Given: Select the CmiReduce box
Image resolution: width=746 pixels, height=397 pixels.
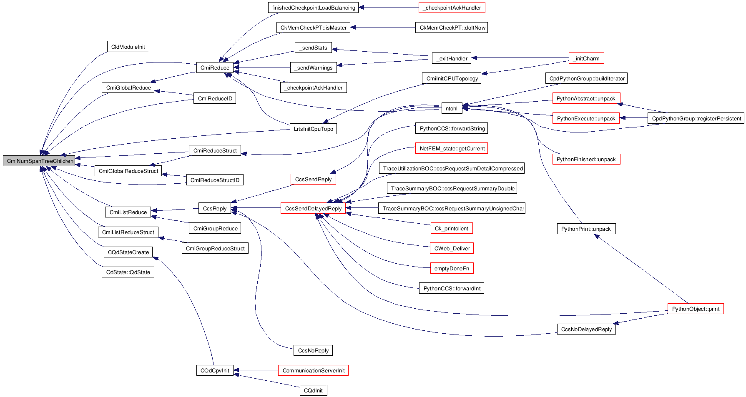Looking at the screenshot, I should coord(215,68).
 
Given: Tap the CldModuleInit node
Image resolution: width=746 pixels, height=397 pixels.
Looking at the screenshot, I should coord(128,47).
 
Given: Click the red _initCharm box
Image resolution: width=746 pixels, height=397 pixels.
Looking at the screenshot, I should coord(586,59).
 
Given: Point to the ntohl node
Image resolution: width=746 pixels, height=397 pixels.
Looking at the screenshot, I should coord(451,109).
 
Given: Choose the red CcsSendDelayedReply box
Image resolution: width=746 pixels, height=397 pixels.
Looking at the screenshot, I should coord(313,209).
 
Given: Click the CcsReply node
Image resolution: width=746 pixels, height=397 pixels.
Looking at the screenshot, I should coord(215,209).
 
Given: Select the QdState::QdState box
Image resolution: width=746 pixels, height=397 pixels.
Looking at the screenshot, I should coord(128,272).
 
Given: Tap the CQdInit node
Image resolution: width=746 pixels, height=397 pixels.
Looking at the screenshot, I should coord(313,391).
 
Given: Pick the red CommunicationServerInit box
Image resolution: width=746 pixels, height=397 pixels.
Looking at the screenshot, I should coord(313,371).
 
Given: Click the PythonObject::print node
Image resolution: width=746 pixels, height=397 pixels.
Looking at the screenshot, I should coord(696,309).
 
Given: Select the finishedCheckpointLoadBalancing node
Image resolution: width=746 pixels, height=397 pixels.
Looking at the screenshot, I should coord(314,8).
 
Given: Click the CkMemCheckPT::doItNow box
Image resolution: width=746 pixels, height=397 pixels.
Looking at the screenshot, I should coord(452,28).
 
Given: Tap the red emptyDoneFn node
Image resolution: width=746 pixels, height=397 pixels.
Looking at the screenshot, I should coord(452,269).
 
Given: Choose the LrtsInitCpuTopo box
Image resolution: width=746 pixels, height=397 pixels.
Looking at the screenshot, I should coord(313,129).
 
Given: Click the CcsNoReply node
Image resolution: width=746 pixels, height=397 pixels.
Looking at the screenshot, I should coord(313,351).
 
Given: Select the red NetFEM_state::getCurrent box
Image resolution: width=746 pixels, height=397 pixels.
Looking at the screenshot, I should coord(452,149).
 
